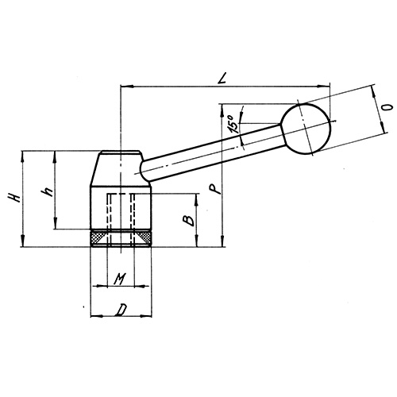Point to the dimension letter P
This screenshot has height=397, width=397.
point(210,189)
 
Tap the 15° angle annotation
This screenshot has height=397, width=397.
point(231,122)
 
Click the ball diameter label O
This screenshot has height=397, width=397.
point(387,106)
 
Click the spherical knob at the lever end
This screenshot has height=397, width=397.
point(305,128)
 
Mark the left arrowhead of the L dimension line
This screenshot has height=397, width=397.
point(124,84)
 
